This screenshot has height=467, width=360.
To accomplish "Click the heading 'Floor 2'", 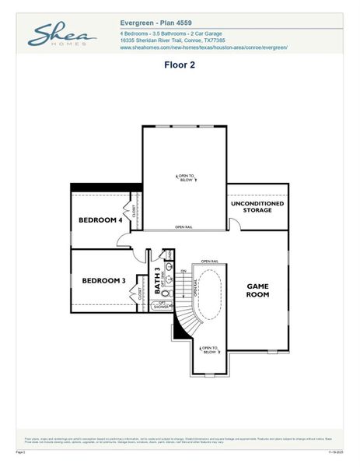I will pos(179,65).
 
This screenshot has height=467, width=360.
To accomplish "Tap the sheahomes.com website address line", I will pos(204,47).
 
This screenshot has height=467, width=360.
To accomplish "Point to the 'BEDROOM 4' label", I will pos(100,220).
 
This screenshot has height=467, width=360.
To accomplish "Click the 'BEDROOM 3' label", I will pos(103,280).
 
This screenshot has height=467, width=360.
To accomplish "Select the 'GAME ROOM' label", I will pos(257,290).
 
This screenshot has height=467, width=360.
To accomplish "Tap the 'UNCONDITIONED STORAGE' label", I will pos(257,206).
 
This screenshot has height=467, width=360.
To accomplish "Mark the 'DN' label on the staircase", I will pos(183,271).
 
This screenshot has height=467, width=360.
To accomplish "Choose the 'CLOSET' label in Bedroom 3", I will pos(141,293).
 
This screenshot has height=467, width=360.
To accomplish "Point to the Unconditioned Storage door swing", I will pos(234,224).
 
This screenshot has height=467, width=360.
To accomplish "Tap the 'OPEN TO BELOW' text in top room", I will pos(187,177).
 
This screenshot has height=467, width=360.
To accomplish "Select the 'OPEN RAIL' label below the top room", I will pos(184,227).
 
